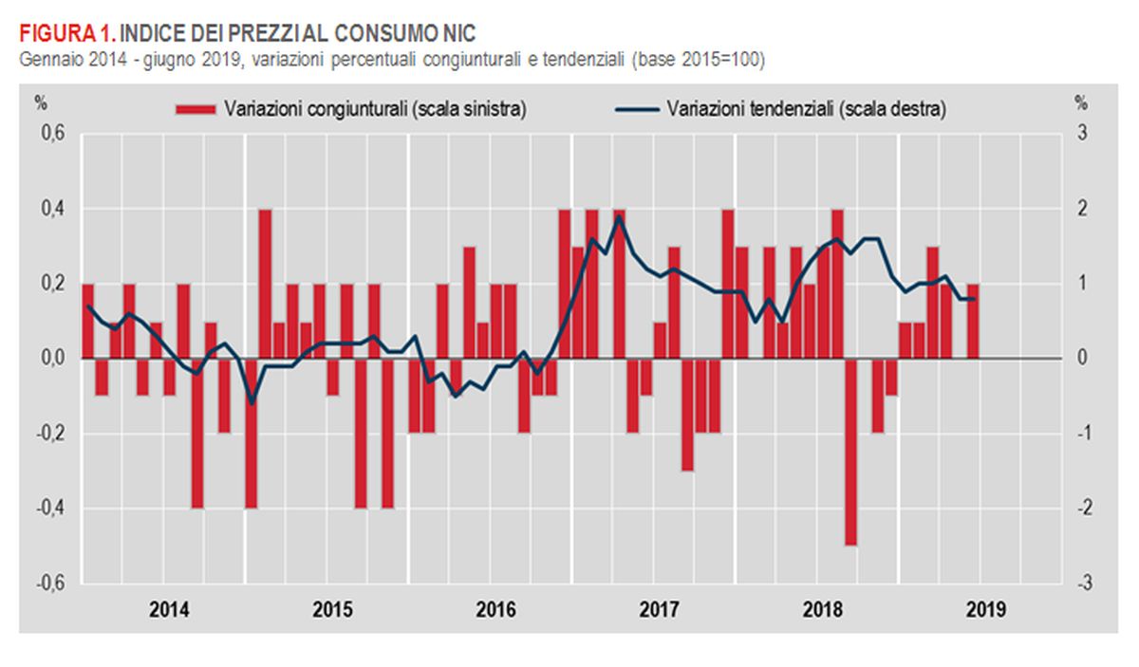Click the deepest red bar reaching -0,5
click(x=850, y=452)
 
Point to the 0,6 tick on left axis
click(x=51, y=134)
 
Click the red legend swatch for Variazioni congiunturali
click(x=196, y=109)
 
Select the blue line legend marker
click(x=638, y=109)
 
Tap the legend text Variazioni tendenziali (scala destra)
click(x=807, y=109)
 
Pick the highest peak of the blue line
click(x=619, y=216)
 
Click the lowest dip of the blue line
click(x=252, y=403)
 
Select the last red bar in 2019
click(x=973, y=321)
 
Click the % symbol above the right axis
click(x=1080, y=102)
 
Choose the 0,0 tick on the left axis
click(x=51, y=359)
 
